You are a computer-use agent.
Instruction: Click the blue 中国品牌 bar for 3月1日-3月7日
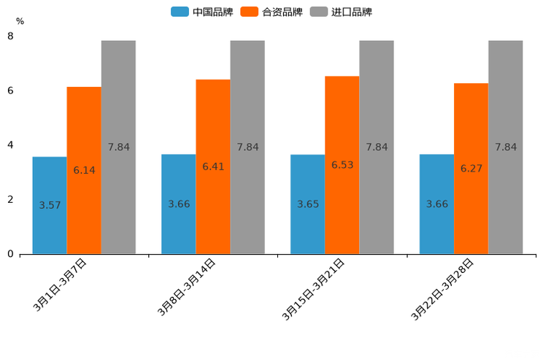click(x=50, y=205)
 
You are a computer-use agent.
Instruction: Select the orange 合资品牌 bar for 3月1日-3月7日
click(x=84, y=170)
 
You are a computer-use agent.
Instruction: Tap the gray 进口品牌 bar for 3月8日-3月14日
click(x=247, y=147)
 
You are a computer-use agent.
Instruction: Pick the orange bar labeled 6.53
click(x=342, y=165)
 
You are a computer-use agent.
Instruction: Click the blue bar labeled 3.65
click(x=307, y=204)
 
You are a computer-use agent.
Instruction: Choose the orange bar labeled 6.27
click(x=471, y=169)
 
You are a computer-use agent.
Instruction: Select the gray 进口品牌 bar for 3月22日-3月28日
click(x=506, y=147)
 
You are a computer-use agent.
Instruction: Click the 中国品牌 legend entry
click(x=202, y=12)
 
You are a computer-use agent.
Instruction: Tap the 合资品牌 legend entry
click(x=271, y=12)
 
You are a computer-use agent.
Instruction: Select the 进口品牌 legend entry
click(x=341, y=12)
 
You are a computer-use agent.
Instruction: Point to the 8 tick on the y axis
click(x=10, y=36)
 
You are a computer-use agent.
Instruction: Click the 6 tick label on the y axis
click(x=10, y=90)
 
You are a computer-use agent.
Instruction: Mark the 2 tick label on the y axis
click(x=10, y=199)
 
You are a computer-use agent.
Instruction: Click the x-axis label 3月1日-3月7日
click(x=61, y=285)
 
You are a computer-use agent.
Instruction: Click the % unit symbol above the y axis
click(x=20, y=21)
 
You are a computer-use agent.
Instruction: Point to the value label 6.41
click(x=213, y=166)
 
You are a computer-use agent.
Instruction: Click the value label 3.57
click(x=50, y=205)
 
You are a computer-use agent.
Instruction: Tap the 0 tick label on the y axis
click(x=10, y=254)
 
